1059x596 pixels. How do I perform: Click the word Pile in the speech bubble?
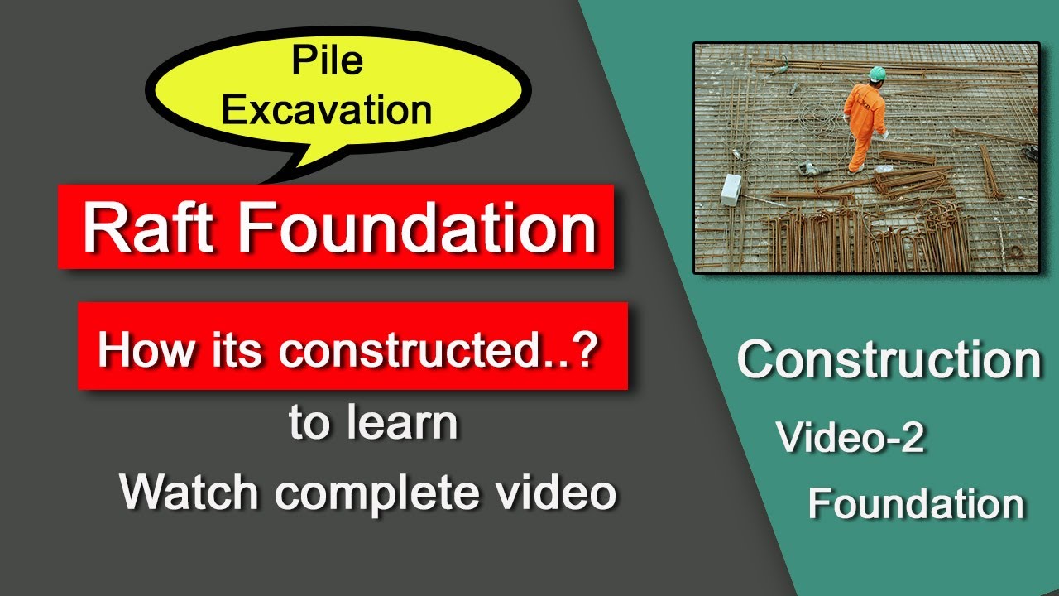point(328,62)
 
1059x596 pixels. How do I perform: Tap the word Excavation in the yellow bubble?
point(328,109)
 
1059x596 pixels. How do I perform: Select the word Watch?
point(192,492)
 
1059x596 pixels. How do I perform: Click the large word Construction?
point(889,360)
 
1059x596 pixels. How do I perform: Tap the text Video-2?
point(851,438)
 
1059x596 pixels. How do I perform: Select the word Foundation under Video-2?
point(916,503)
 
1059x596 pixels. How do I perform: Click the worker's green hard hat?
point(877,73)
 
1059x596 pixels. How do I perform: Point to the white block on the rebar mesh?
point(731,190)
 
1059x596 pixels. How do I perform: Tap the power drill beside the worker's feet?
point(810,167)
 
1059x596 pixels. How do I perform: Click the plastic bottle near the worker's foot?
point(884,169)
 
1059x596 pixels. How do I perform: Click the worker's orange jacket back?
point(862,104)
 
